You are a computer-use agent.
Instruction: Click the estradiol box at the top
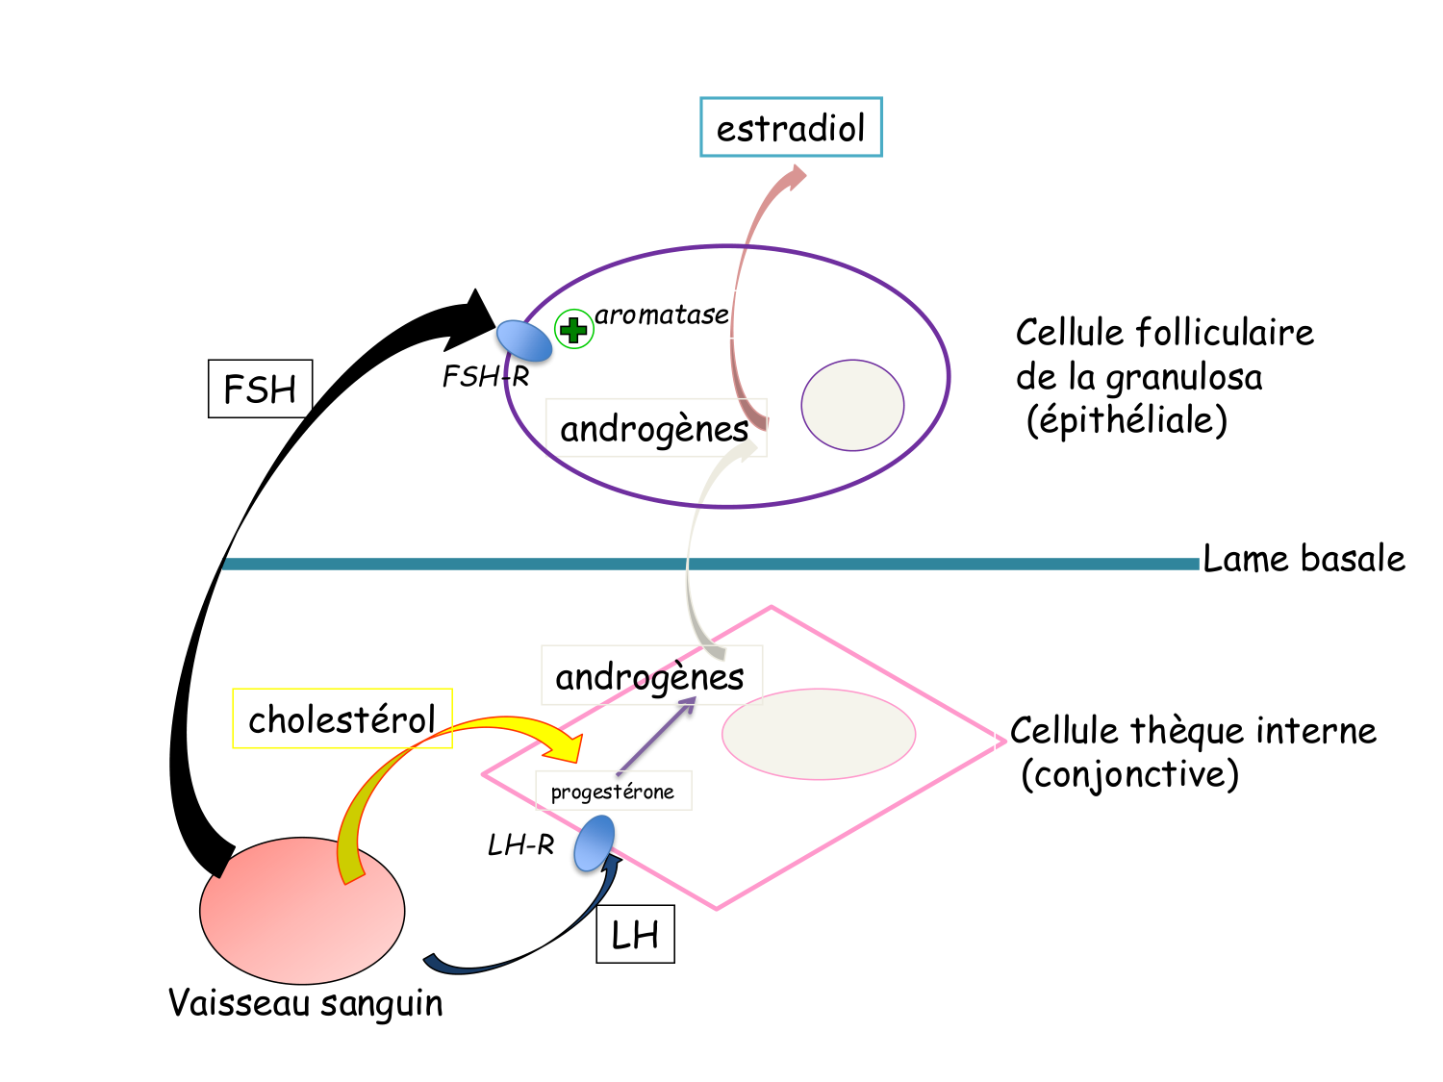tap(791, 127)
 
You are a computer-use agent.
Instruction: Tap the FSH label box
tap(260, 389)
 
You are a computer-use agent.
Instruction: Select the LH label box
tap(635, 934)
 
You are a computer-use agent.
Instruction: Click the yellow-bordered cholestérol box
tap(342, 718)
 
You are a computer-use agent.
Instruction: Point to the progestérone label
tap(613, 792)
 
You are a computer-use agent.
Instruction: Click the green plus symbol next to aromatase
tap(574, 330)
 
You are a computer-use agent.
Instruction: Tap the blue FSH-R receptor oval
tap(523, 340)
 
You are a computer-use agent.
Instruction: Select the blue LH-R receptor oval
tap(595, 843)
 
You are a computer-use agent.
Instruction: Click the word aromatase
tap(662, 315)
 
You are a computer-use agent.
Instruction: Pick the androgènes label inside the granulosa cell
tap(655, 428)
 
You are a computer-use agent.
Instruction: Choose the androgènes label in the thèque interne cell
tap(650, 676)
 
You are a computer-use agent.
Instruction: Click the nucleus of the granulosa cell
tap(852, 405)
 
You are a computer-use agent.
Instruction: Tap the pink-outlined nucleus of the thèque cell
tap(819, 734)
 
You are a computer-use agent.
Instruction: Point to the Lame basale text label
tap(1304, 559)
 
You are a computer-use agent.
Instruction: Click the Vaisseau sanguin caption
tap(306, 1003)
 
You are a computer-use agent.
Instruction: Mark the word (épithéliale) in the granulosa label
tap(1127, 420)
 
